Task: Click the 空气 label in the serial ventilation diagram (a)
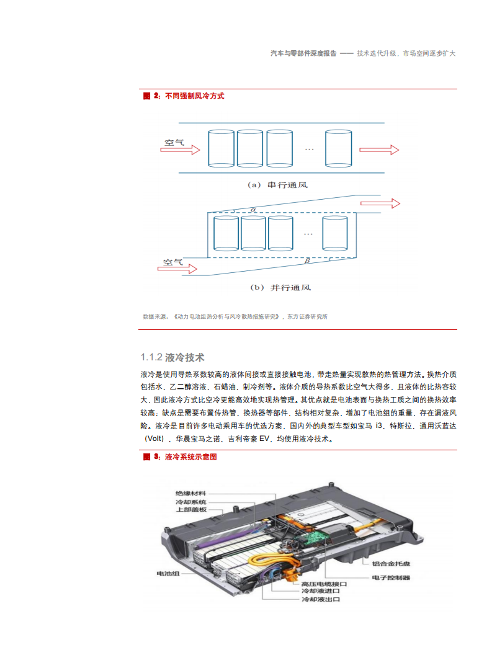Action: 174,142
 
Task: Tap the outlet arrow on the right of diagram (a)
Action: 378,149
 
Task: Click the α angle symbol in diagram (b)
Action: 253,210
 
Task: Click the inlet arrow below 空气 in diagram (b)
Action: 177,269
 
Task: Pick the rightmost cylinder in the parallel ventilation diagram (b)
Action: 334,234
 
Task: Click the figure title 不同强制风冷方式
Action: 194,96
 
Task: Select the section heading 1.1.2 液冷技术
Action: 172,357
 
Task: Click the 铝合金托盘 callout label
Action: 391,564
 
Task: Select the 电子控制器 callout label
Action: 391,577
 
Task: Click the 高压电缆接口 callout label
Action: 324,584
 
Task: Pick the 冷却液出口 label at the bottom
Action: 321,600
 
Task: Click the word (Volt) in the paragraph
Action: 157,439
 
